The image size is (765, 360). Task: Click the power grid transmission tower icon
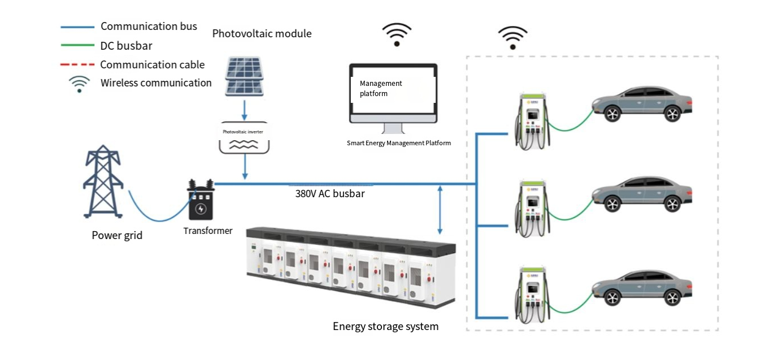pyautogui.click(x=103, y=181)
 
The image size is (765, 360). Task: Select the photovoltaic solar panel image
pyautogui.click(x=244, y=76)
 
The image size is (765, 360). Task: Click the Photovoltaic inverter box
pyautogui.click(x=244, y=137)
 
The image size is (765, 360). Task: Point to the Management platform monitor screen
pyautogui.click(x=393, y=90)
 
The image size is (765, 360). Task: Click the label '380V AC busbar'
pyautogui.click(x=330, y=194)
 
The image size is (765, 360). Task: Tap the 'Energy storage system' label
pyautogui.click(x=385, y=326)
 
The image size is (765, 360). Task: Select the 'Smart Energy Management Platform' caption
pyautogui.click(x=399, y=143)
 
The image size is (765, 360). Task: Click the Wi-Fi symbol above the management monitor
pyautogui.click(x=397, y=34)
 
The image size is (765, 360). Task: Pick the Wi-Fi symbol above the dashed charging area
pyautogui.click(x=512, y=37)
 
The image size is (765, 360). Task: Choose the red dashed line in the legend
pyautogui.click(x=77, y=64)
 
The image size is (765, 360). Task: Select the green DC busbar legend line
pyautogui.click(x=77, y=45)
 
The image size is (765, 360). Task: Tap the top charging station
pyautogui.click(x=532, y=121)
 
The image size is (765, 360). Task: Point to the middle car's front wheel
pyautogui.click(x=612, y=204)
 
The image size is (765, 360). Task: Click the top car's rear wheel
pyautogui.click(x=672, y=114)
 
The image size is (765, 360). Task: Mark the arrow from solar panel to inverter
pyautogui.click(x=244, y=110)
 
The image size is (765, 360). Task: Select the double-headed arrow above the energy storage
pyautogui.click(x=440, y=210)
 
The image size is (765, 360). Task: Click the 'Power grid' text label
pyautogui.click(x=117, y=235)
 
